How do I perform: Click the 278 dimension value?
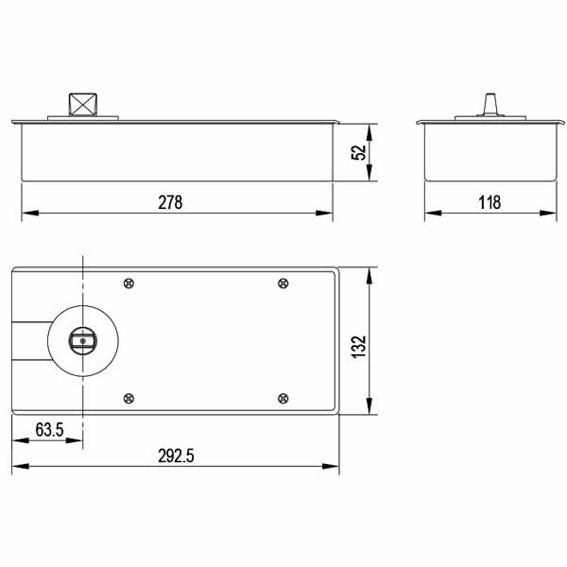170,202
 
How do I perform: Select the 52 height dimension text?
358,152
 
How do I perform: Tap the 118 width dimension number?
489,202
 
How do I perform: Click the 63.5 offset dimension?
49,430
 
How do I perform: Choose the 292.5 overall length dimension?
176,455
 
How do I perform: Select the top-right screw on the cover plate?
283,283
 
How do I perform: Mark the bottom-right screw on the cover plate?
283,398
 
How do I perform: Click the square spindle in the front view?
81,104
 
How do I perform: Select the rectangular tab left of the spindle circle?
29,340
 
